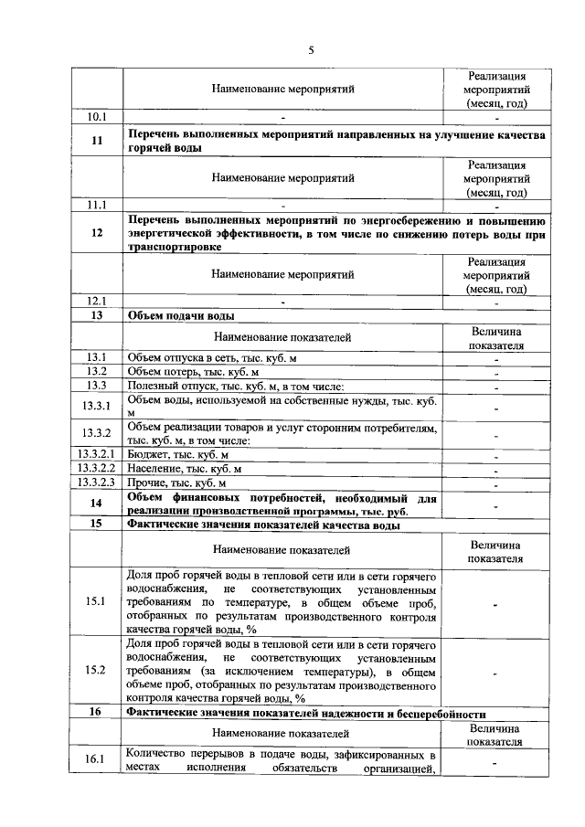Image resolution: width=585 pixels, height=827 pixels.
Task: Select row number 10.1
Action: tap(97, 118)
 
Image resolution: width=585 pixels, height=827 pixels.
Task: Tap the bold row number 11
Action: tap(97, 141)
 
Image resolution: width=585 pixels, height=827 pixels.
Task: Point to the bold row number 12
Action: tap(97, 233)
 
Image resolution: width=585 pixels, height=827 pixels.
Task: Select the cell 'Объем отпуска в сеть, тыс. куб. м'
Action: tap(212, 357)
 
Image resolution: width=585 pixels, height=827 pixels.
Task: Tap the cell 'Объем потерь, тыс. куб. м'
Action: tap(194, 372)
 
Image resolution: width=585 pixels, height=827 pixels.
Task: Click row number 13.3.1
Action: tap(97, 407)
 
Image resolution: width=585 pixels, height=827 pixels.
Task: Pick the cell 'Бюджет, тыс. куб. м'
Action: tap(178, 454)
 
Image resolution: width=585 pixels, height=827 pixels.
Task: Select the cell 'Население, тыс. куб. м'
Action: tap(184, 469)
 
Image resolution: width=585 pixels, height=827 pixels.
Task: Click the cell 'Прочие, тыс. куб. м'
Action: tap(176, 482)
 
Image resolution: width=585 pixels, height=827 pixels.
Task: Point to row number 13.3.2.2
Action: tap(97, 469)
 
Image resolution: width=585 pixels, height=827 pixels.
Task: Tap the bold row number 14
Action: tap(97, 504)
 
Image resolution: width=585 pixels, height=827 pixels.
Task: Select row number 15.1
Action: tap(97, 601)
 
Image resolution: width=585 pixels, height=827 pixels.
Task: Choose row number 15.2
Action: tap(97, 671)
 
